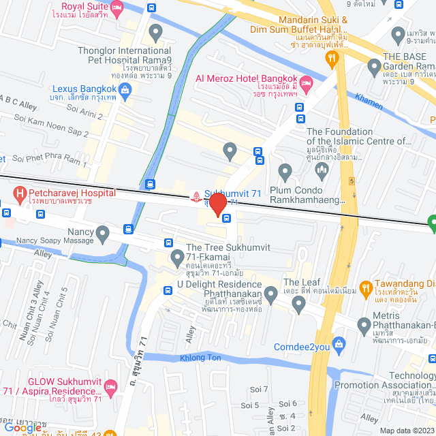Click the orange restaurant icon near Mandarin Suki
tap(332, 59)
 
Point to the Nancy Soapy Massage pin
tap(103, 235)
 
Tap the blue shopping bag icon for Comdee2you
tap(342, 346)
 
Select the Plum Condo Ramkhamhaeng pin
tap(285, 170)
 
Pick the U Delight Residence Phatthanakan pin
tap(270, 295)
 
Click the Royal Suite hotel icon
tap(117, 8)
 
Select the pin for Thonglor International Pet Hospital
tap(156, 31)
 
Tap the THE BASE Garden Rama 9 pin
tap(374, 67)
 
